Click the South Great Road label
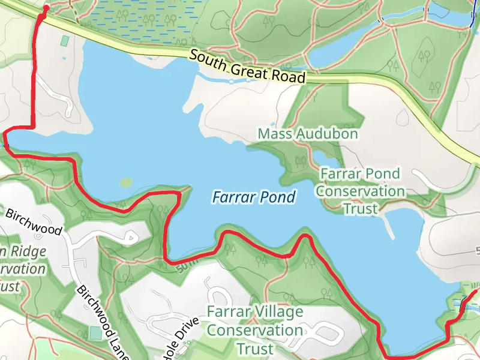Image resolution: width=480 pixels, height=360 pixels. pos(247,66)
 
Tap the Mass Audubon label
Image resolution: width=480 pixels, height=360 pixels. pos(308,134)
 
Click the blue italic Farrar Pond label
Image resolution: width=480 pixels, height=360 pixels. pos(254,197)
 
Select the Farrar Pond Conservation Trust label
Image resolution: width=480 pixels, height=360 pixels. pos(360,191)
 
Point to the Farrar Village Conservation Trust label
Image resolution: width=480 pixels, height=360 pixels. pos(255,330)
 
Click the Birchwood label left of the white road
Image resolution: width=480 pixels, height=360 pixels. pos(34,221)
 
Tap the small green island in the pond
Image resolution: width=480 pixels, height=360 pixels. pos(125,182)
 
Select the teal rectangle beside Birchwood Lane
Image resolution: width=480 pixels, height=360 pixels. pos(95,332)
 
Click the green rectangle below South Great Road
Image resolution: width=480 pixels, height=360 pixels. pos(65,41)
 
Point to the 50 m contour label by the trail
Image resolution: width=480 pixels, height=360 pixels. pos(187,264)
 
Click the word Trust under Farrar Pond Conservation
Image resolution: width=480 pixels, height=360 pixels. pos(360,209)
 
